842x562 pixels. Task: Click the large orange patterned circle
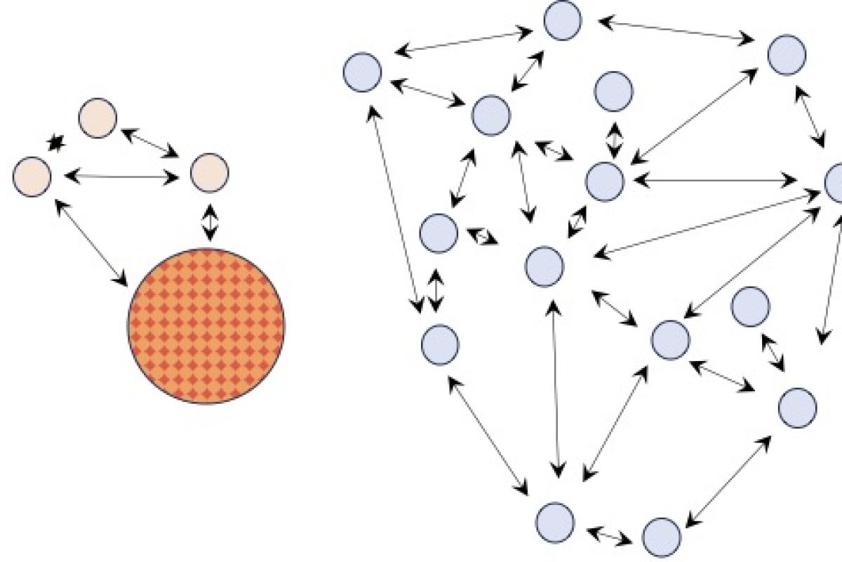[x=206, y=326]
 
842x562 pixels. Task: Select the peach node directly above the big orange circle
[x=210, y=172]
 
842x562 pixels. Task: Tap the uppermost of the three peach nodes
[x=97, y=118]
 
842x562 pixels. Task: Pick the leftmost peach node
[x=32, y=177]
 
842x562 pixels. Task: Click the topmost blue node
[x=563, y=20]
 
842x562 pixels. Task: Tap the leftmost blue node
[x=362, y=72]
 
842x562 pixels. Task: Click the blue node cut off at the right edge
[x=834, y=182]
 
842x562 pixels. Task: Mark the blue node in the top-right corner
[x=787, y=56]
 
